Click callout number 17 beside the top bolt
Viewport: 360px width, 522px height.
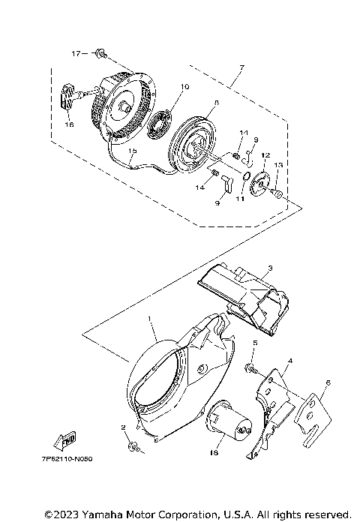coord(76,54)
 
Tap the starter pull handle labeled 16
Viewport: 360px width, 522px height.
coord(68,97)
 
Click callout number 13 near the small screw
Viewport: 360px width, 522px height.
coord(277,165)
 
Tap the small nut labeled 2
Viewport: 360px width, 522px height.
coord(132,447)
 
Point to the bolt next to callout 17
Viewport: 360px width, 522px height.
coord(100,53)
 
